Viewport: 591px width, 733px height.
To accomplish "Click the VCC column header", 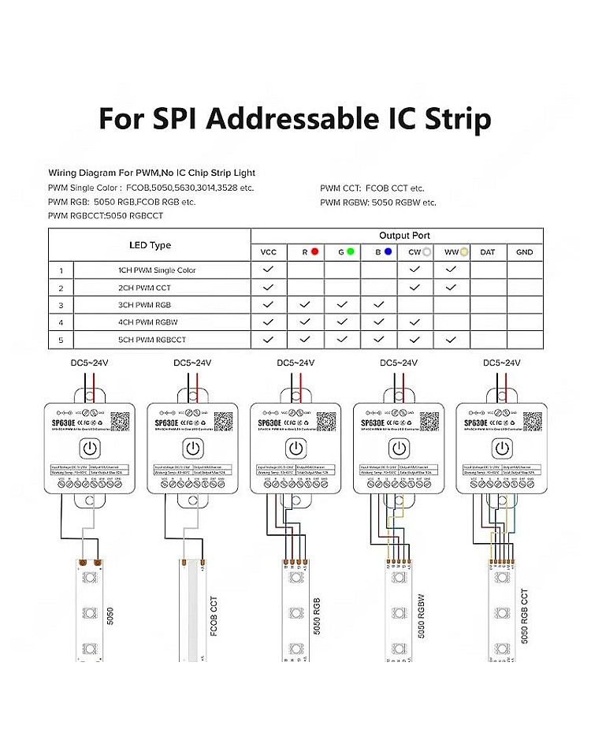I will point(269,252).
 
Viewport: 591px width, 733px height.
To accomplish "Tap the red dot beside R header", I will point(314,252).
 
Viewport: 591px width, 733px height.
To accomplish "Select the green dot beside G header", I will point(350,252).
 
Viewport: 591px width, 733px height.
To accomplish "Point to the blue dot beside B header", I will point(388,252).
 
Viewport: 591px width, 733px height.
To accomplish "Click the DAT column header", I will point(488,252).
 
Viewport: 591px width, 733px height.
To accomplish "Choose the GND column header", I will point(524,252).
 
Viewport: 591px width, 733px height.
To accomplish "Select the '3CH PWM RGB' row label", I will point(142,305).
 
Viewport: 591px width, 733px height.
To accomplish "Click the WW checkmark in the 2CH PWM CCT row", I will point(451,288).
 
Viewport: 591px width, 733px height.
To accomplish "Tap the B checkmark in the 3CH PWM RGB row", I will point(379,305).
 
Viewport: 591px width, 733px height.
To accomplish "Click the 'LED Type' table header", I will point(150,245).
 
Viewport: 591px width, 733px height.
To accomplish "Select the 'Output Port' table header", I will point(404,236).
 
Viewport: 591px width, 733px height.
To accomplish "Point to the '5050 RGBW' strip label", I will point(420,616).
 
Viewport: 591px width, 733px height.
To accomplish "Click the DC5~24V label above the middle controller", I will point(295,363).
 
